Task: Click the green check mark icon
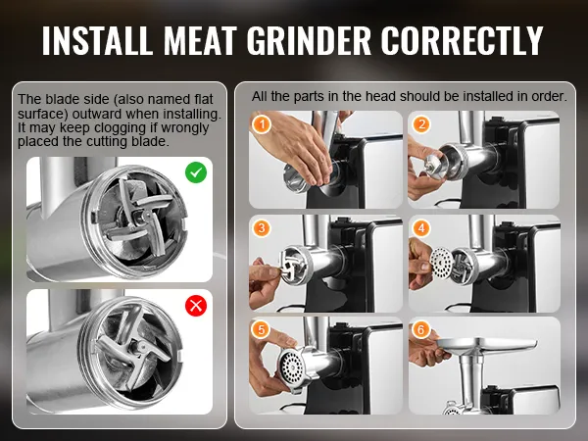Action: (196, 172)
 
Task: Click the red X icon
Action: (196, 306)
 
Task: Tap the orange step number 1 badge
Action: (262, 123)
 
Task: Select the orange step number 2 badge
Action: (421, 124)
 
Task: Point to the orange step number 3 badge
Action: (262, 227)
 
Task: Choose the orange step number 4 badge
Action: (421, 227)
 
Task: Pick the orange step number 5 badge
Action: (262, 329)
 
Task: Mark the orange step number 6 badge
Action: (421, 329)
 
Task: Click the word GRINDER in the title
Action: (309, 40)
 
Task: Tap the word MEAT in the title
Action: (200, 40)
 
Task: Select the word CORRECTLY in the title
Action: (463, 40)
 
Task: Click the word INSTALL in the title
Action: (97, 40)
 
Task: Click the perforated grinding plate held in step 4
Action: (441, 263)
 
